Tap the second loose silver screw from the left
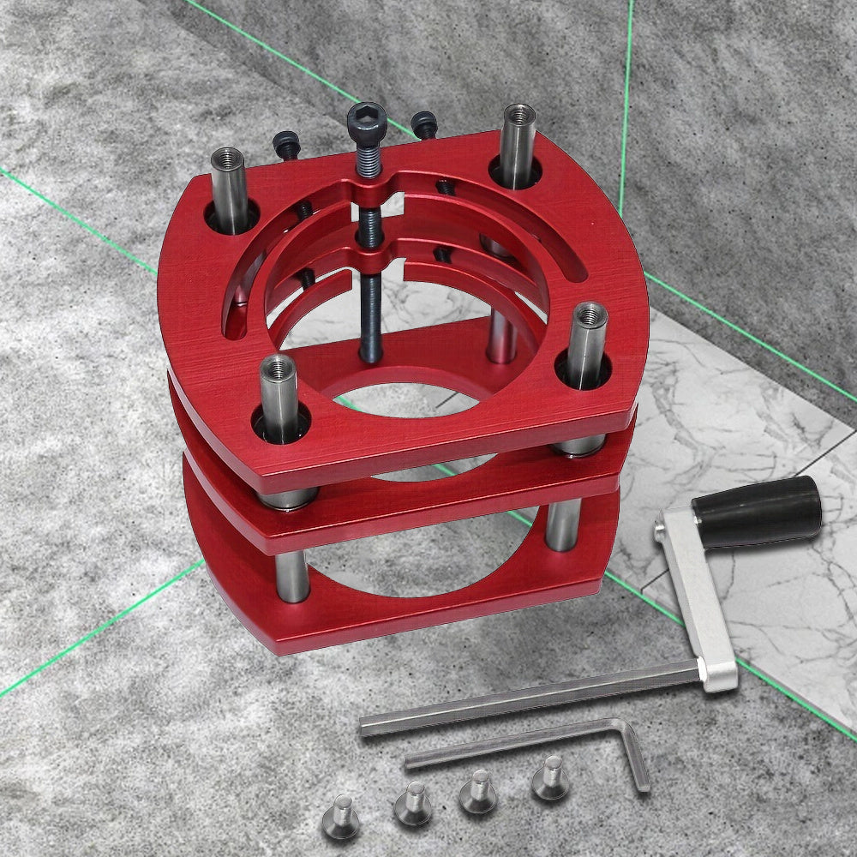coord(413,803)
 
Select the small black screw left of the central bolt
coord(287,143)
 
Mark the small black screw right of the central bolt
coord(424,124)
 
